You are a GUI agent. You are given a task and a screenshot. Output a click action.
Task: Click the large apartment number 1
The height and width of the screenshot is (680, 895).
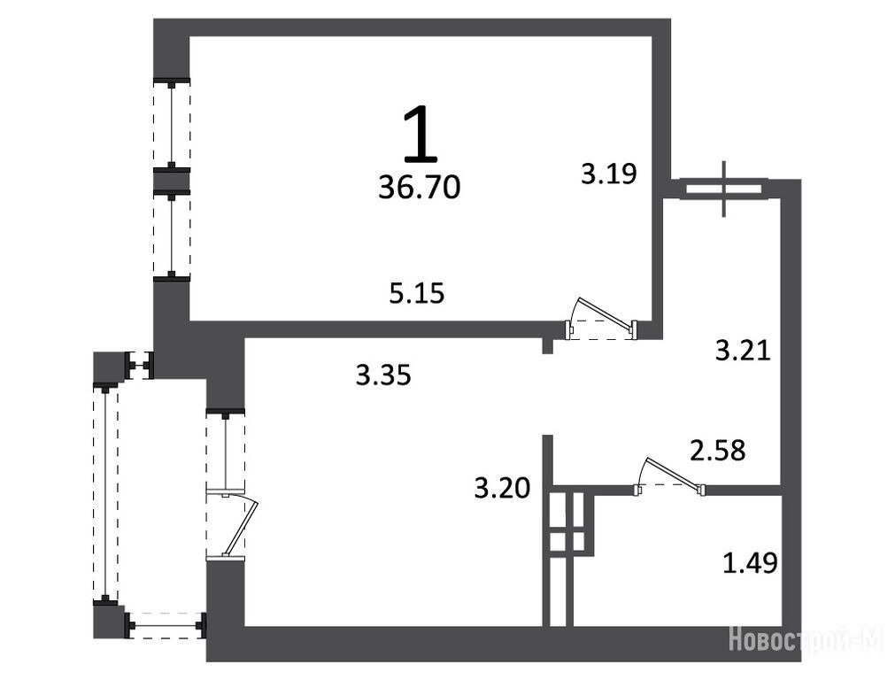click(420, 133)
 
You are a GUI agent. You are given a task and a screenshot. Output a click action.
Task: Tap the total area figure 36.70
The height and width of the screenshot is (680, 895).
click(420, 188)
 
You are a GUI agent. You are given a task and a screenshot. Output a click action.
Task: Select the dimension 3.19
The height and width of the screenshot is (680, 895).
click(609, 173)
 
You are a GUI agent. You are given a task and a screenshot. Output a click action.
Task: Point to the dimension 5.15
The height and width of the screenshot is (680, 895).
click(417, 293)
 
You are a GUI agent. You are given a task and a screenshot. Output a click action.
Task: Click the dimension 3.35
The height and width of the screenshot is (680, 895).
click(383, 375)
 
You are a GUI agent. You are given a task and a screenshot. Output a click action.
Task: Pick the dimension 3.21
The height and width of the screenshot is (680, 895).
click(743, 350)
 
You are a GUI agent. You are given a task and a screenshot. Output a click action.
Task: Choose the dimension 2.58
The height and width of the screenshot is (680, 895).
click(718, 450)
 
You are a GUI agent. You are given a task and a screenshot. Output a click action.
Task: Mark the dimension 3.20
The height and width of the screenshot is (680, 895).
click(502, 488)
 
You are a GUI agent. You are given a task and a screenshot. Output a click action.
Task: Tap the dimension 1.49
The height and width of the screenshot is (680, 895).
click(750, 563)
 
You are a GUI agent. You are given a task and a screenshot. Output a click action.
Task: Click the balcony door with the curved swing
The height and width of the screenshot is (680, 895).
click(234, 523)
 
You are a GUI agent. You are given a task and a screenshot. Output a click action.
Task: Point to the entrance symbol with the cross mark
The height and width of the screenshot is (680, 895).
click(724, 189)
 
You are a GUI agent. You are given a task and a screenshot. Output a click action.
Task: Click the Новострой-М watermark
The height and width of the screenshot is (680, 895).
click(806, 638)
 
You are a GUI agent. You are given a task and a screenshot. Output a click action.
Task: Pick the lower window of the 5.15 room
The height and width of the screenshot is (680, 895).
click(171, 236)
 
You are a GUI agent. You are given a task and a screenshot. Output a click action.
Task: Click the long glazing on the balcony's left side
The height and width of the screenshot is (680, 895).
click(105, 492)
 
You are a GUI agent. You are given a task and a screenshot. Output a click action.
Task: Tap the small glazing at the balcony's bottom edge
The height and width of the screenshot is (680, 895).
click(165, 626)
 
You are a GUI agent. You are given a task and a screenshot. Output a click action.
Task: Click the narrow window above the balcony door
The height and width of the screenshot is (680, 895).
click(226, 450)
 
